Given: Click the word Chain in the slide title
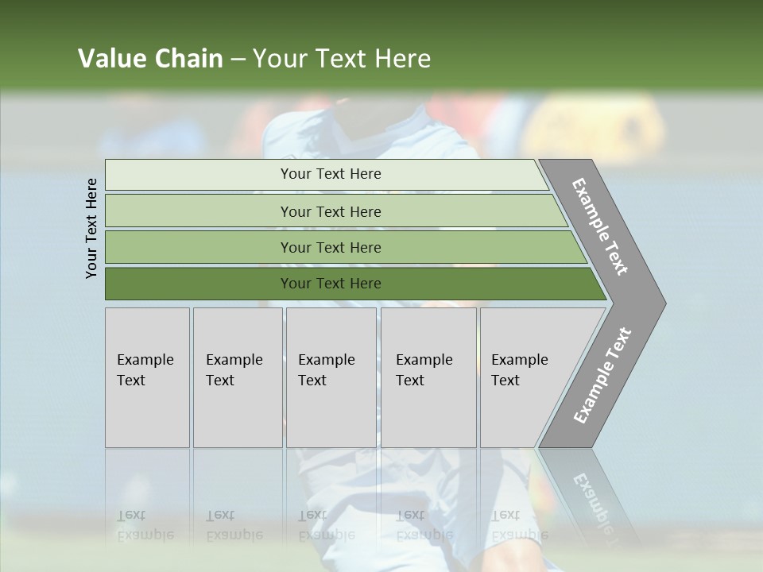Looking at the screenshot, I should tap(188, 59).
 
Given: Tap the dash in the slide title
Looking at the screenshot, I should tap(238, 60).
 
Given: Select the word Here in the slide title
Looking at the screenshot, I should tap(402, 59).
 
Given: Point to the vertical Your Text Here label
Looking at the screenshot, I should tap(91, 228).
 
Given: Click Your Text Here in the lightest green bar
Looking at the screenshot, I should tap(331, 174).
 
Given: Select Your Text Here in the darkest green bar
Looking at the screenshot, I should tap(331, 284).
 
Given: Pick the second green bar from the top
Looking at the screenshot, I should tap(331, 211).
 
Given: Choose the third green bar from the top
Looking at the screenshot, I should tap(331, 247).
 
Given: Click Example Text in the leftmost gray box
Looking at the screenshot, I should tap(145, 370).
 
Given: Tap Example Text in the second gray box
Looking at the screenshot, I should tap(234, 370).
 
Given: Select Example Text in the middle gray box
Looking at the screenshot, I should tap(326, 370).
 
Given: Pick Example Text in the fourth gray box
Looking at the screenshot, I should tap(424, 370).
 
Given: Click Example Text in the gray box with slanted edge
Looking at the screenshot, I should tap(519, 370).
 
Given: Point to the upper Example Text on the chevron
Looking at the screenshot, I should tap(600, 226).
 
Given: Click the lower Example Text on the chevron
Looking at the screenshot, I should tap(602, 376).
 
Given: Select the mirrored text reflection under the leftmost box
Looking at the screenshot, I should tap(145, 525).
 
